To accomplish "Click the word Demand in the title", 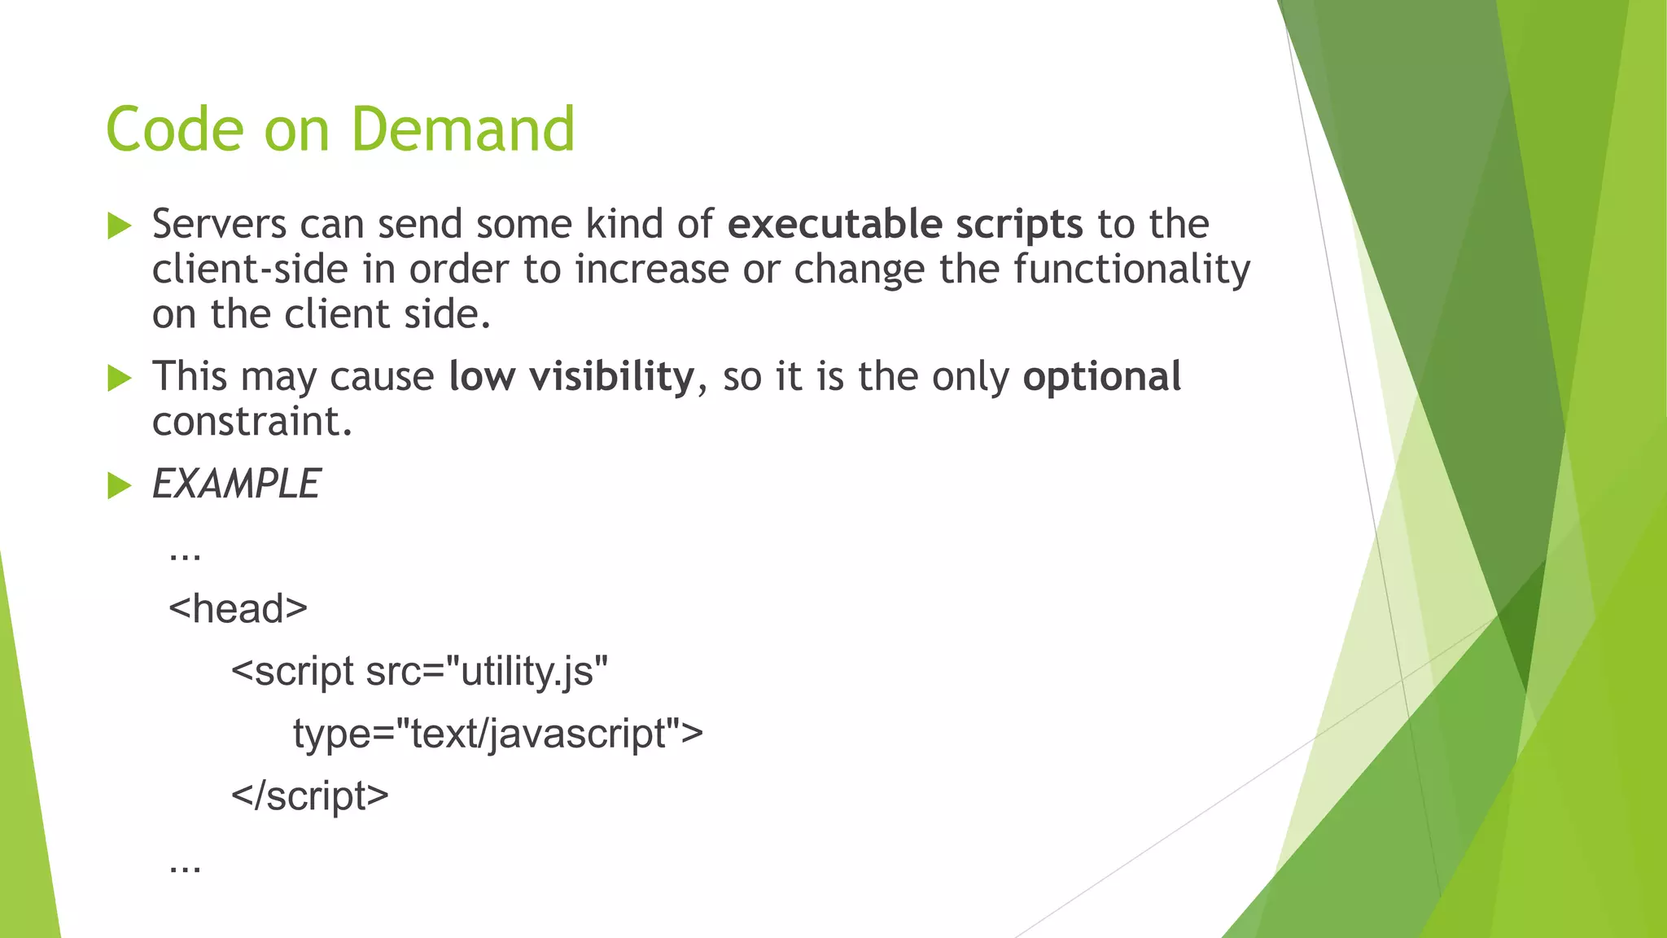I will (463, 129).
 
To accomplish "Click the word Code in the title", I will (175, 129).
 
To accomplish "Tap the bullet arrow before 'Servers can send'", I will (119, 226).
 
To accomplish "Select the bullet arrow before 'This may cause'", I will (119, 379).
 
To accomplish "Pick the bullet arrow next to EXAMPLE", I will (119, 486).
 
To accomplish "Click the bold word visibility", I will (611, 377).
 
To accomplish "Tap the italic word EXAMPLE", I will (236, 484).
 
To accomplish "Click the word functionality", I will (1131, 270).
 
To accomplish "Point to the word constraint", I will (252, 423).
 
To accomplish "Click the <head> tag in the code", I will (238, 608).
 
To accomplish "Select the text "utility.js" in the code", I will (533, 672).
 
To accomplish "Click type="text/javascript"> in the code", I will (497, 733).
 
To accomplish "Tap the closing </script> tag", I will (310, 796).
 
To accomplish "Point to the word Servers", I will (219, 224).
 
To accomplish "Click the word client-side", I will (250, 270).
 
